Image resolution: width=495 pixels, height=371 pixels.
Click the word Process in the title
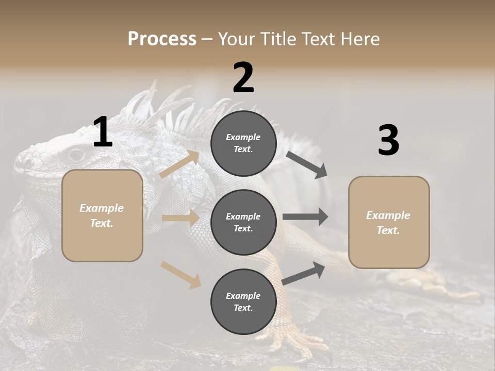[162, 39]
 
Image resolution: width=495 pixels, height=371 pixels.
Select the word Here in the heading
[358, 39]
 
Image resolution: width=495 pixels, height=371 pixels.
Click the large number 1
[103, 132]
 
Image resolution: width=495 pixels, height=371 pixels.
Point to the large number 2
[243, 78]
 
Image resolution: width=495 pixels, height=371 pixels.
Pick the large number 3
[388, 140]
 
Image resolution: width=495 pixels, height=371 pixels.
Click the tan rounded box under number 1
[102, 215]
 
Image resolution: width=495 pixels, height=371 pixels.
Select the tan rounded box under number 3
[389, 223]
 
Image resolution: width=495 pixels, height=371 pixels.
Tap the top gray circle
[243, 143]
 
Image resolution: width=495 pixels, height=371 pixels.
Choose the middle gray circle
[243, 223]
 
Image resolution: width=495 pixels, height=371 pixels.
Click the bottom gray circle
[243, 302]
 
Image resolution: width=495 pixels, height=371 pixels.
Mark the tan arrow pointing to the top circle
[179, 164]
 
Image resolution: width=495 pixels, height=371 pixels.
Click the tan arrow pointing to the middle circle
[180, 218]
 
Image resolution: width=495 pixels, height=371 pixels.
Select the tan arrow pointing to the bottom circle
[180, 275]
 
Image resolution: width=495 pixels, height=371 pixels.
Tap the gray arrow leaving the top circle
[307, 165]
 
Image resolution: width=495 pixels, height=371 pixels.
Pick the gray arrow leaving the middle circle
[305, 217]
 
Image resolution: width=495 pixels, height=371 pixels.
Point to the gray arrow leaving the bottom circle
[304, 273]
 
